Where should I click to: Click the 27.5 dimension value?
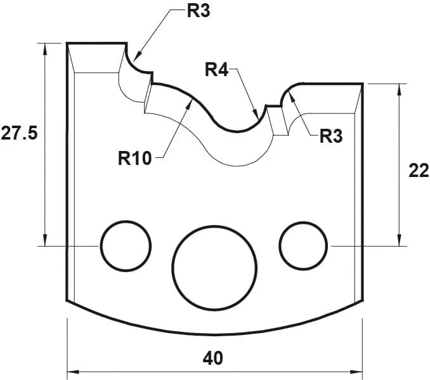point(19,135)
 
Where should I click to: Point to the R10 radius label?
point(135,157)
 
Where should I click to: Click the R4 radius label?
point(216,70)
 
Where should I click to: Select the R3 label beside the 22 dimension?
point(330,136)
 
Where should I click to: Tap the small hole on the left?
point(126,245)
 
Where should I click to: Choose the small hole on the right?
point(303,245)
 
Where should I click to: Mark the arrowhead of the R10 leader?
point(189,102)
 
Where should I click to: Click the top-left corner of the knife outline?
point(67,43)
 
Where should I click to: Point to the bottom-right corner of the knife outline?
point(362,299)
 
